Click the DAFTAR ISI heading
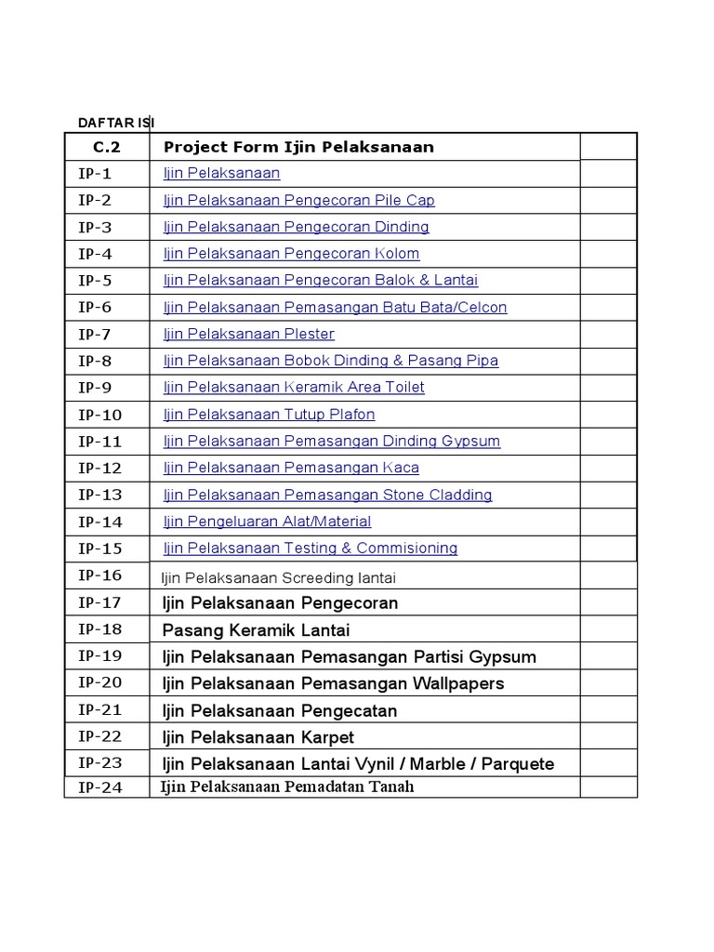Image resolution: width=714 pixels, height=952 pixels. click(116, 123)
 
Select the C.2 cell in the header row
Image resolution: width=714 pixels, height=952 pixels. click(106, 147)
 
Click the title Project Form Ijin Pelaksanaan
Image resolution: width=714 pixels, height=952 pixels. click(298, 147)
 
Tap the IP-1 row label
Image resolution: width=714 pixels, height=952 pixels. click(95, 173)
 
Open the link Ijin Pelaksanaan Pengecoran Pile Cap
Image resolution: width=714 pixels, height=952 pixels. click(298, 200)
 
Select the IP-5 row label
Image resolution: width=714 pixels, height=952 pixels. click(95, 280)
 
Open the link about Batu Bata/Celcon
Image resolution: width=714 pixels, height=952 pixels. click(335, 307)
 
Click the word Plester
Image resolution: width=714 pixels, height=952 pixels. click(311, 334)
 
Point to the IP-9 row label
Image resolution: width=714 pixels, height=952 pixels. click(95, 388)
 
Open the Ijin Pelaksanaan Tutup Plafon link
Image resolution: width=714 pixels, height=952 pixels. click(269, 415)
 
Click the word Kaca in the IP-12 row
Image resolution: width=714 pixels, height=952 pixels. click(400, 468)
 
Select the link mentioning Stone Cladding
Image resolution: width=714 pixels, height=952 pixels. click(327, 495)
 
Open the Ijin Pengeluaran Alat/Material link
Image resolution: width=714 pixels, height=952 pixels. click(267, 522)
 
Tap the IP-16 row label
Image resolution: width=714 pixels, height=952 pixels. click(99, 575)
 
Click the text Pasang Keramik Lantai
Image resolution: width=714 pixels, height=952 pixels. click(256, 630)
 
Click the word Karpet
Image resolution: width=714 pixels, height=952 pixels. click(326, 737)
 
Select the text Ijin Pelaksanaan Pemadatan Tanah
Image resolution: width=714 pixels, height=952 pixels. click(286, 787)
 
